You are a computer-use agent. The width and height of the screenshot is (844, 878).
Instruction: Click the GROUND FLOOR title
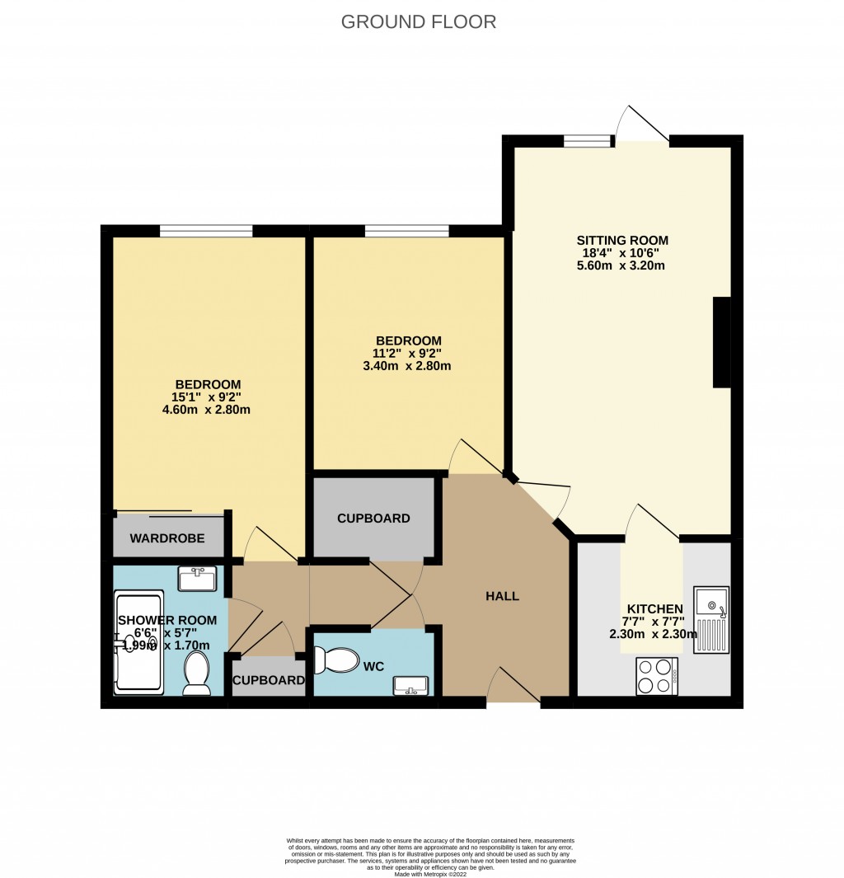[419, 21]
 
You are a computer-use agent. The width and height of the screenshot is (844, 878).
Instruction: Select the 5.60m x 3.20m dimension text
[621, 265]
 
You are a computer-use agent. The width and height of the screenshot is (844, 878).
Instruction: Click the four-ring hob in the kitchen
[657, 675]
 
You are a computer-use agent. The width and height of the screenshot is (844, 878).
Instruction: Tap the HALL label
[502, 595]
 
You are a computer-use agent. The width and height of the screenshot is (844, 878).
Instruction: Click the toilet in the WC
[332, 660]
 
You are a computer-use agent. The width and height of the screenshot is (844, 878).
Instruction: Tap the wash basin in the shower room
[197, 579]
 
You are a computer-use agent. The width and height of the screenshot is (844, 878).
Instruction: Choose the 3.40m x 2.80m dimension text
[407, 366]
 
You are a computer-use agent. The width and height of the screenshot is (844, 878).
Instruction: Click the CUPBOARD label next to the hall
[373, 519]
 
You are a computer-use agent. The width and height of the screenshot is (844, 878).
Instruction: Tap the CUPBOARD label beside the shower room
[268, 680]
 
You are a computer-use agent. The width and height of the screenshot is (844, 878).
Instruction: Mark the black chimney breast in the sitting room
[721, 342]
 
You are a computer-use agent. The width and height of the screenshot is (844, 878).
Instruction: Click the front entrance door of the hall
[513, 688]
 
